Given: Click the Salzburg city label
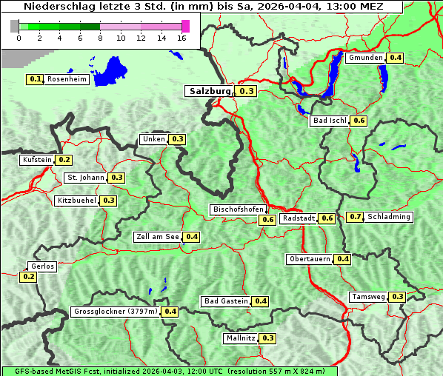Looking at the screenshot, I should coord(210,91).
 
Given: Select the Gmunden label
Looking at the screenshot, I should coord(365,58).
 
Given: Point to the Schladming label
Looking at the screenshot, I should coord(389,217).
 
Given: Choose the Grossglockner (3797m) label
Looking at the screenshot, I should coord(116,312).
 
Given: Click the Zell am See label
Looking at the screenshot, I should coord(158,237).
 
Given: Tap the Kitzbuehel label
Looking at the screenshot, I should coord(77,201).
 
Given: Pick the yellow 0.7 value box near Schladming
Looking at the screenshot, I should coord(356,217).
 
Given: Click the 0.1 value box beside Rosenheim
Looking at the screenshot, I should coord(35,79).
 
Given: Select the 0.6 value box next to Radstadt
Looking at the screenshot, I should coord(327,218).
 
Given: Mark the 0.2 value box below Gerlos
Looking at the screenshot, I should coord(28,277).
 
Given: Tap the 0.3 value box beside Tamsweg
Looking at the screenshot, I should coord(398,297).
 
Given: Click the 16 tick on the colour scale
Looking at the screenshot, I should coord(182,38).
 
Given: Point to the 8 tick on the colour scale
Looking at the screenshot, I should coord(100,38).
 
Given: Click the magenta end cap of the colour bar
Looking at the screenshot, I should coord(185,26).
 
